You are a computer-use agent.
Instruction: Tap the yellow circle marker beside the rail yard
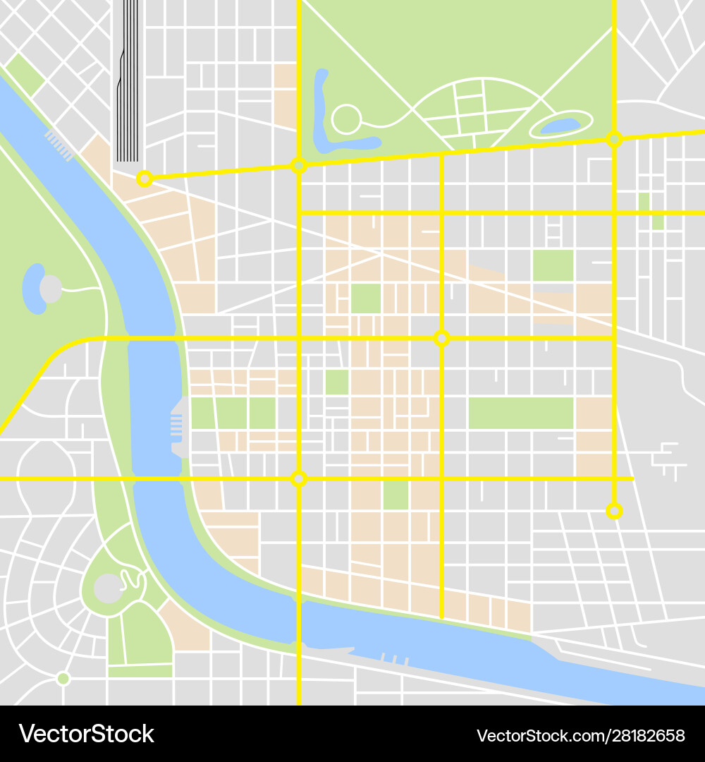pyautogui.click(x=145, y=179)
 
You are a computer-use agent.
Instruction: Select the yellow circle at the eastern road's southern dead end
pyautogui.click(x=614, y=510)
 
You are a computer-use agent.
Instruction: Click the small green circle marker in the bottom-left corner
pyautogui.click(x=63, y=679)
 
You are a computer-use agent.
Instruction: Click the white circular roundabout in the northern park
pyautogui.click(x=346, y=119)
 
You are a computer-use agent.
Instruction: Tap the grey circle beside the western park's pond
pyautogui.click(x=51, y=289)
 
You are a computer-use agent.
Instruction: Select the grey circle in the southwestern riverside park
pyautogui.click(x=108, y=588)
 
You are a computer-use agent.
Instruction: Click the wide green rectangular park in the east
pyautogui.click(x=521, y=413)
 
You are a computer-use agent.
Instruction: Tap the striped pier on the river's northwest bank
pyautogui.click(x=59, y=145)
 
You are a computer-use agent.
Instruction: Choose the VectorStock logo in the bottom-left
pyautogui.click(x=86, y=734)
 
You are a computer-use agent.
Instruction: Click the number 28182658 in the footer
pyautogui.click(x=646, y=735)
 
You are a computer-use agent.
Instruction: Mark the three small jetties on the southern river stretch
pyautogui.click(x=395, y=659)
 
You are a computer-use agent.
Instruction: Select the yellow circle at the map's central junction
pyautogui.click(x=441, y=338)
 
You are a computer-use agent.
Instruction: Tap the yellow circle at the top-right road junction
pyautogui.click(x=614, y=139)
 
